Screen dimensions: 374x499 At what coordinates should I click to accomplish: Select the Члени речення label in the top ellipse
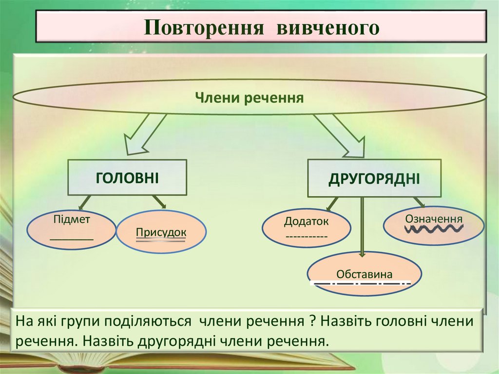coord(249,98)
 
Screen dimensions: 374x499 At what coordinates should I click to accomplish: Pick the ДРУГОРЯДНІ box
coord(374,178)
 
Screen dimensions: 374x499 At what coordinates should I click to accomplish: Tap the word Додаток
coord(307,221)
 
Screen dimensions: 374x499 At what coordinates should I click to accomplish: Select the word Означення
coord(434,217)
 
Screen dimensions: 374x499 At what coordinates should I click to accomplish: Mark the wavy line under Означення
coord(434,228)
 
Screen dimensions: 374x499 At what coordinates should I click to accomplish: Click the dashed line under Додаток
coord(307,236)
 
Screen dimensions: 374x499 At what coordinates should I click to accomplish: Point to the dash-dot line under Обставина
coord(360,283)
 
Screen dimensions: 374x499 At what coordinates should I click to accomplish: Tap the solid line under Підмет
coord(72,238)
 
